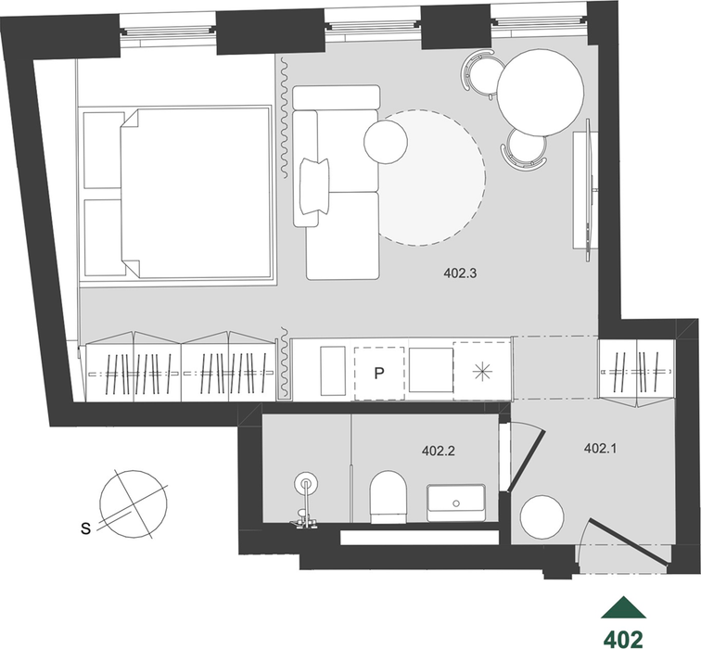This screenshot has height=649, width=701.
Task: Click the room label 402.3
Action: click(x=460, y=273)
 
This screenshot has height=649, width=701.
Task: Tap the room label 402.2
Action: click(x=438, y=451)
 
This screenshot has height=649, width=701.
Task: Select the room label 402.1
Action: click(x=601, y=449)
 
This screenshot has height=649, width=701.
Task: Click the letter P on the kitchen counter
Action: click(x=379, y=374)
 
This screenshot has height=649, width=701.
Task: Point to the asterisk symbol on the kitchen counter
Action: click(x=482, y=373)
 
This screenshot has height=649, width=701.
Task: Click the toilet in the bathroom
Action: click(x=389, y=497)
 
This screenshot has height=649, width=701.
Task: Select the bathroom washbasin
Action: click(x=456, y=503)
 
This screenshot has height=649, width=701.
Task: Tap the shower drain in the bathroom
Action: click(x=306, y=483)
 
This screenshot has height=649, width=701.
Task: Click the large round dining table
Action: click(x=541, y=92)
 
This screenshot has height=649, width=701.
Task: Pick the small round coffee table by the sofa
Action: click(x=386, y=142)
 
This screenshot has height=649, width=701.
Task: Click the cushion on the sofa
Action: click(x=314, y=185)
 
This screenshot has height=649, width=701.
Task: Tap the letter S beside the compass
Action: click(x=85, y=528)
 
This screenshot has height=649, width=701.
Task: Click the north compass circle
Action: click(x=134, y=504)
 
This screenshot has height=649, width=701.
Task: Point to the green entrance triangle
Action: click(x=623, y=607)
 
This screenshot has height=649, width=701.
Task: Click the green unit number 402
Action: click(x=623, y=638)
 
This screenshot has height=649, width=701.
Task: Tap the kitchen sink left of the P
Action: click(x=333, y=371)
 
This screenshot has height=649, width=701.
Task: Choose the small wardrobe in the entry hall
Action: click(x=637, y=374)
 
